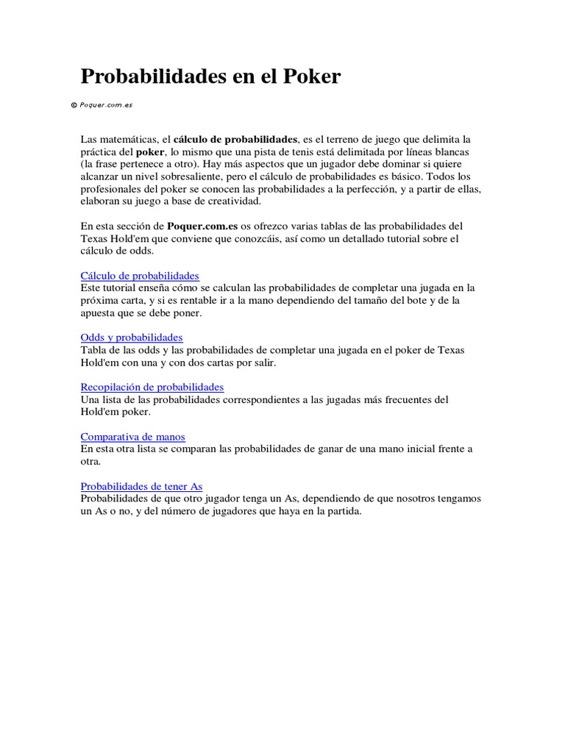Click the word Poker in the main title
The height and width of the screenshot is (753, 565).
(312, 76)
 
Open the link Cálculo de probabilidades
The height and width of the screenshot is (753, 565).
(140, 276)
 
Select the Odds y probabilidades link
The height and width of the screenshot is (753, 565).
(132, 338)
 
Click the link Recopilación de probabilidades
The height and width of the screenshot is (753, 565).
(152, 387)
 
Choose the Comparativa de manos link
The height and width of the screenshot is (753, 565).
(133, 437)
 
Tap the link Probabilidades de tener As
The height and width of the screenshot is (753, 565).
(141, 486)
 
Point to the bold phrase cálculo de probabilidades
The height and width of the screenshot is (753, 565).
(235, 139)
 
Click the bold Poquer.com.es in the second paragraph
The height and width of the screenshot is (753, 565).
(202, 226)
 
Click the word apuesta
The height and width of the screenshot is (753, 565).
(98, 313)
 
